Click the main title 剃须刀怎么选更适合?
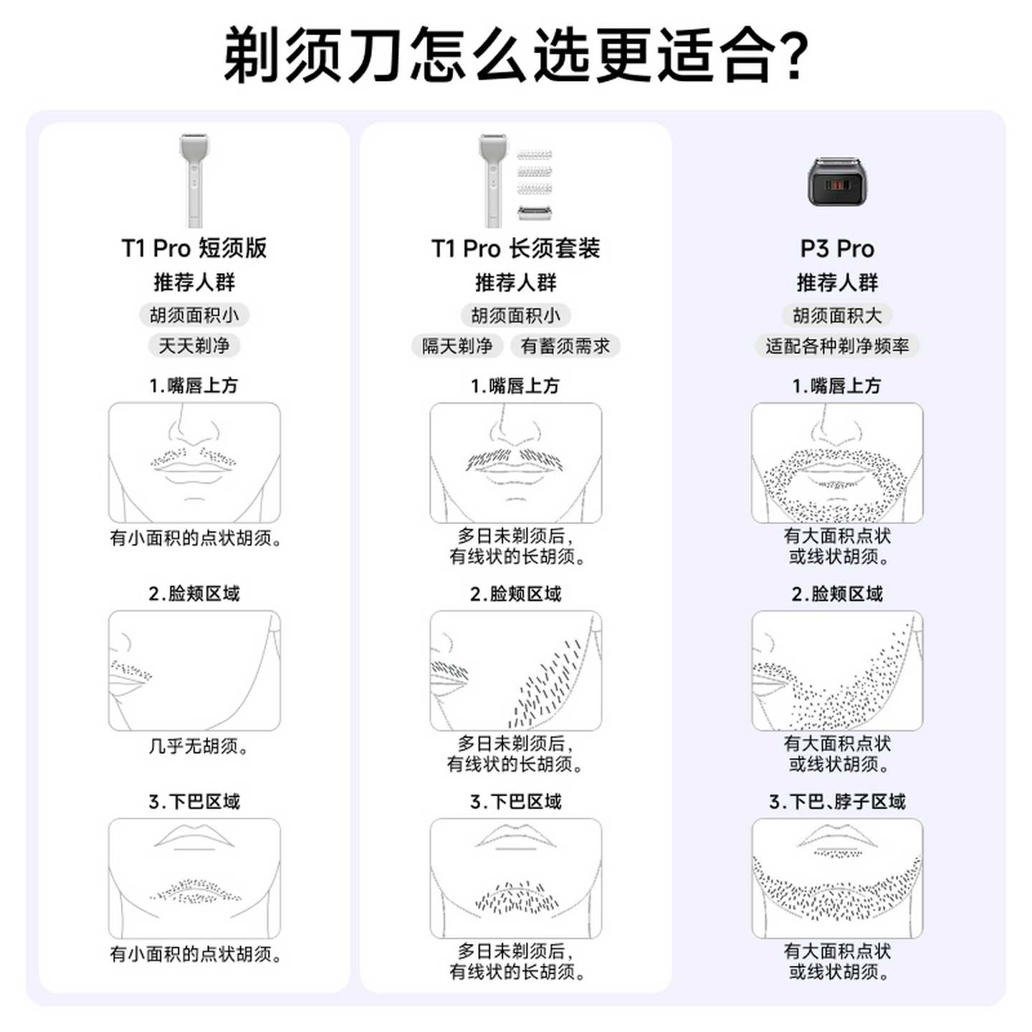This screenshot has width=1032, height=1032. click(516, 54)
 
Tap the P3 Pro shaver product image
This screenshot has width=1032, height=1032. click(836, 182)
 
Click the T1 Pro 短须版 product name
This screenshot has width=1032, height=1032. click(194, 249)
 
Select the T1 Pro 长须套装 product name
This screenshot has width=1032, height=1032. click(515, 249)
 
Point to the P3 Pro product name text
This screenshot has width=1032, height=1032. click(837, 249)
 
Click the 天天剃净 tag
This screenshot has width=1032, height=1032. click(194, 346)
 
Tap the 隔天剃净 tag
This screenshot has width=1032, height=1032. click(457, 346)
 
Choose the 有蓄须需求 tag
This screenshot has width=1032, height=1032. click(565, 346)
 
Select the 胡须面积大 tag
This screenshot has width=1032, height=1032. click(837, 315)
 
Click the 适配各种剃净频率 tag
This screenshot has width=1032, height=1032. click(837, 346)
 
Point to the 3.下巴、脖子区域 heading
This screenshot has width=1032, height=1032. click(837, 801)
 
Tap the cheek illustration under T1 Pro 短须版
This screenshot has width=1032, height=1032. click(194, 671)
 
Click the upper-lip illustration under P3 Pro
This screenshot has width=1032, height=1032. click(837, 463)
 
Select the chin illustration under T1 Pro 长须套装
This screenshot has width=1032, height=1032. click(515, 879)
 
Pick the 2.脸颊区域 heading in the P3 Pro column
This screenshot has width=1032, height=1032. click(837, 593)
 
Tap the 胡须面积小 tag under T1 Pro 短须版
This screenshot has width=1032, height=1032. click(194, 315)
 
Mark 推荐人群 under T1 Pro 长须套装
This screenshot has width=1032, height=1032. click(515, 282)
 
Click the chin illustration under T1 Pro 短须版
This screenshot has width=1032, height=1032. click(194, 879)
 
